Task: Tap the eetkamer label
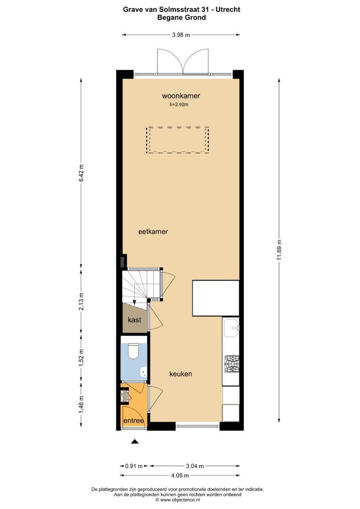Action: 153,232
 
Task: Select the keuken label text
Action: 180,374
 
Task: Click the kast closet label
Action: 135,320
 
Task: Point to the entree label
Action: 133,420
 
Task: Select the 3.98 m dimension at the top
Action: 181,34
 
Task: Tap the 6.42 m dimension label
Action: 81,173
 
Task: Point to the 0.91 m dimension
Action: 133,466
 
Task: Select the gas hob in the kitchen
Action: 232,362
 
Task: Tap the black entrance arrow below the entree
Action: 135,442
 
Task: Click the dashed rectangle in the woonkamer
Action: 178,140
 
